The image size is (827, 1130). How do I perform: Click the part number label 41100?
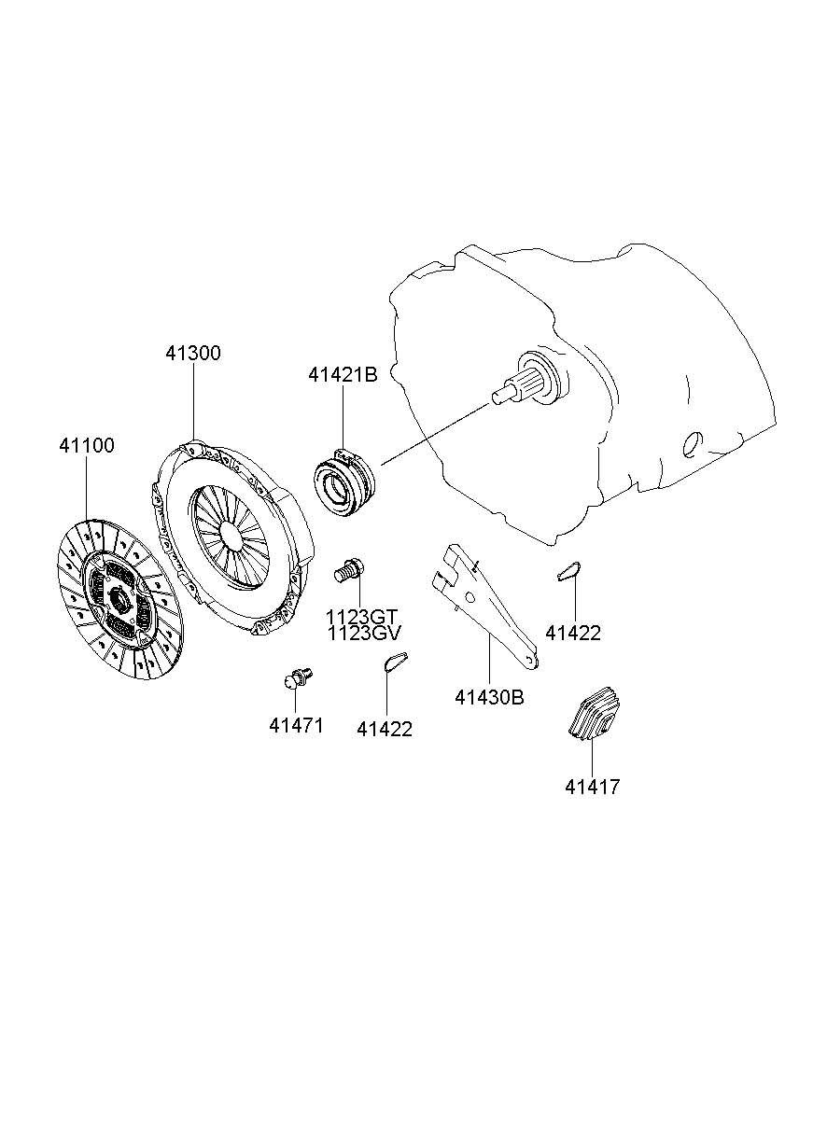click(x=87, y=446)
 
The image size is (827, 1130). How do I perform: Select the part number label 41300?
click(x=193, y=354)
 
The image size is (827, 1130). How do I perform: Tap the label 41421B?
click(x=343, y=375)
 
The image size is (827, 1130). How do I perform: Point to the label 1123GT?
click(x=362, y=617)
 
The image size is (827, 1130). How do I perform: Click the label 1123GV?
click(x=364, y=634)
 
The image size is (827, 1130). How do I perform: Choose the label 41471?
click(x=296, y=726)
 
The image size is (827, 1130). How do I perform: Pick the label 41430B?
click(x=490, y=697)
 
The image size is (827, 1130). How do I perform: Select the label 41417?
click(x=592, y=787)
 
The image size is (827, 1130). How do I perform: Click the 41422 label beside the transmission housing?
click(x=573, y=633)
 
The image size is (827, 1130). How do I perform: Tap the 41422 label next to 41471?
click(x=384, y=730)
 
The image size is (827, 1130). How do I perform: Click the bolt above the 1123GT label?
click(x=349, y=567)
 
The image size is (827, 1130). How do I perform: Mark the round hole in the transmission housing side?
click(x=692, y=445)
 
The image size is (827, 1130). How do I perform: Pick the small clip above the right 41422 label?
click(x=568, y=571)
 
